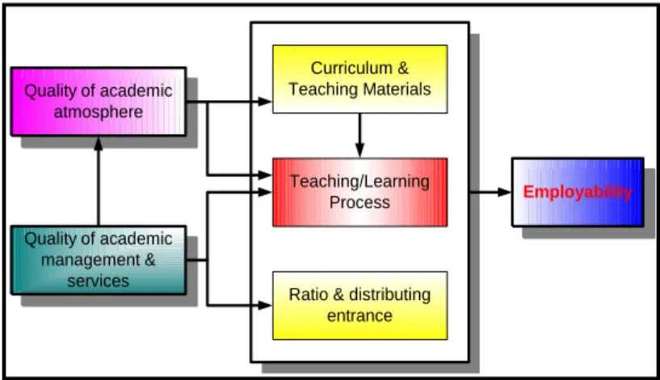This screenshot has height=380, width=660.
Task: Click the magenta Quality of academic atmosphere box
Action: (99, 102)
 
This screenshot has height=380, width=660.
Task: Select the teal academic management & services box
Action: (99, 260)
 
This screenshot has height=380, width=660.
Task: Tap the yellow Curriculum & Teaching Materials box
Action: (359, 79)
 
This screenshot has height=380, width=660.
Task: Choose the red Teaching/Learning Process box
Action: (359, 192)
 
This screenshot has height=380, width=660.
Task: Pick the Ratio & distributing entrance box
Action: (359, 306)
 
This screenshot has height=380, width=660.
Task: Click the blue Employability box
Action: (578, 192)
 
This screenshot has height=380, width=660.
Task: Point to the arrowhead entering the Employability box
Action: (504, 192)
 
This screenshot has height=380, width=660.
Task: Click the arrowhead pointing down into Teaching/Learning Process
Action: (359, 150)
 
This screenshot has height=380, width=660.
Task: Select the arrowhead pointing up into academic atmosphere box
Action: (99, 144)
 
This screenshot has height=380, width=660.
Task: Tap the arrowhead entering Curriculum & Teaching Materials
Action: (265, 102)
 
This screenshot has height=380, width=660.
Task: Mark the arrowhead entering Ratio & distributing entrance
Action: (265, 306)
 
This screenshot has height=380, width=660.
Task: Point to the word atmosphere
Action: (99, 112)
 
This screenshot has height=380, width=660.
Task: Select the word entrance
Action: (359, 315)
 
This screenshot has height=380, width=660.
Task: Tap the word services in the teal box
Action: (99, 282)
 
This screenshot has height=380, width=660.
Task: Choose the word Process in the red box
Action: (359, 203)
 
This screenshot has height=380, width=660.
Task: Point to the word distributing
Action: (389, 295)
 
